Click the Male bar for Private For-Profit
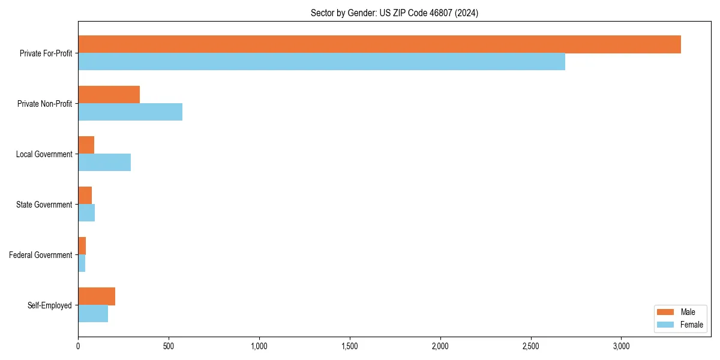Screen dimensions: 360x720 [379, 44]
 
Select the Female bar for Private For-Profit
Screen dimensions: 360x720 [322, 62]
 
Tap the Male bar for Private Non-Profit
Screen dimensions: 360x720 [109, 95]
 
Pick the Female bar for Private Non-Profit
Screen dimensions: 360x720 [130, 112]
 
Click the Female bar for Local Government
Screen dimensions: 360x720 [104, 163]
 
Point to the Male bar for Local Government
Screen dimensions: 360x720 [86, 145]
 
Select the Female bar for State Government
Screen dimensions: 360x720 [86, 213]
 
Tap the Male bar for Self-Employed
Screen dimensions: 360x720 [97, 296]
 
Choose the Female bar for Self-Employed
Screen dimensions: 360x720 [93, 314]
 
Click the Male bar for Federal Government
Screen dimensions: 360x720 [82, 246]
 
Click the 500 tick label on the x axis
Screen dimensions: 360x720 [169, 347]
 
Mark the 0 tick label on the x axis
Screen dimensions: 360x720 [78, 347]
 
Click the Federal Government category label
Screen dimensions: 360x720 [41, 255]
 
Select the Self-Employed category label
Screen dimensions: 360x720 [50, 305]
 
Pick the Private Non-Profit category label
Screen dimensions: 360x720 [44, 104]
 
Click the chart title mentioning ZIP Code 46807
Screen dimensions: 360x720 [394, 13]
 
